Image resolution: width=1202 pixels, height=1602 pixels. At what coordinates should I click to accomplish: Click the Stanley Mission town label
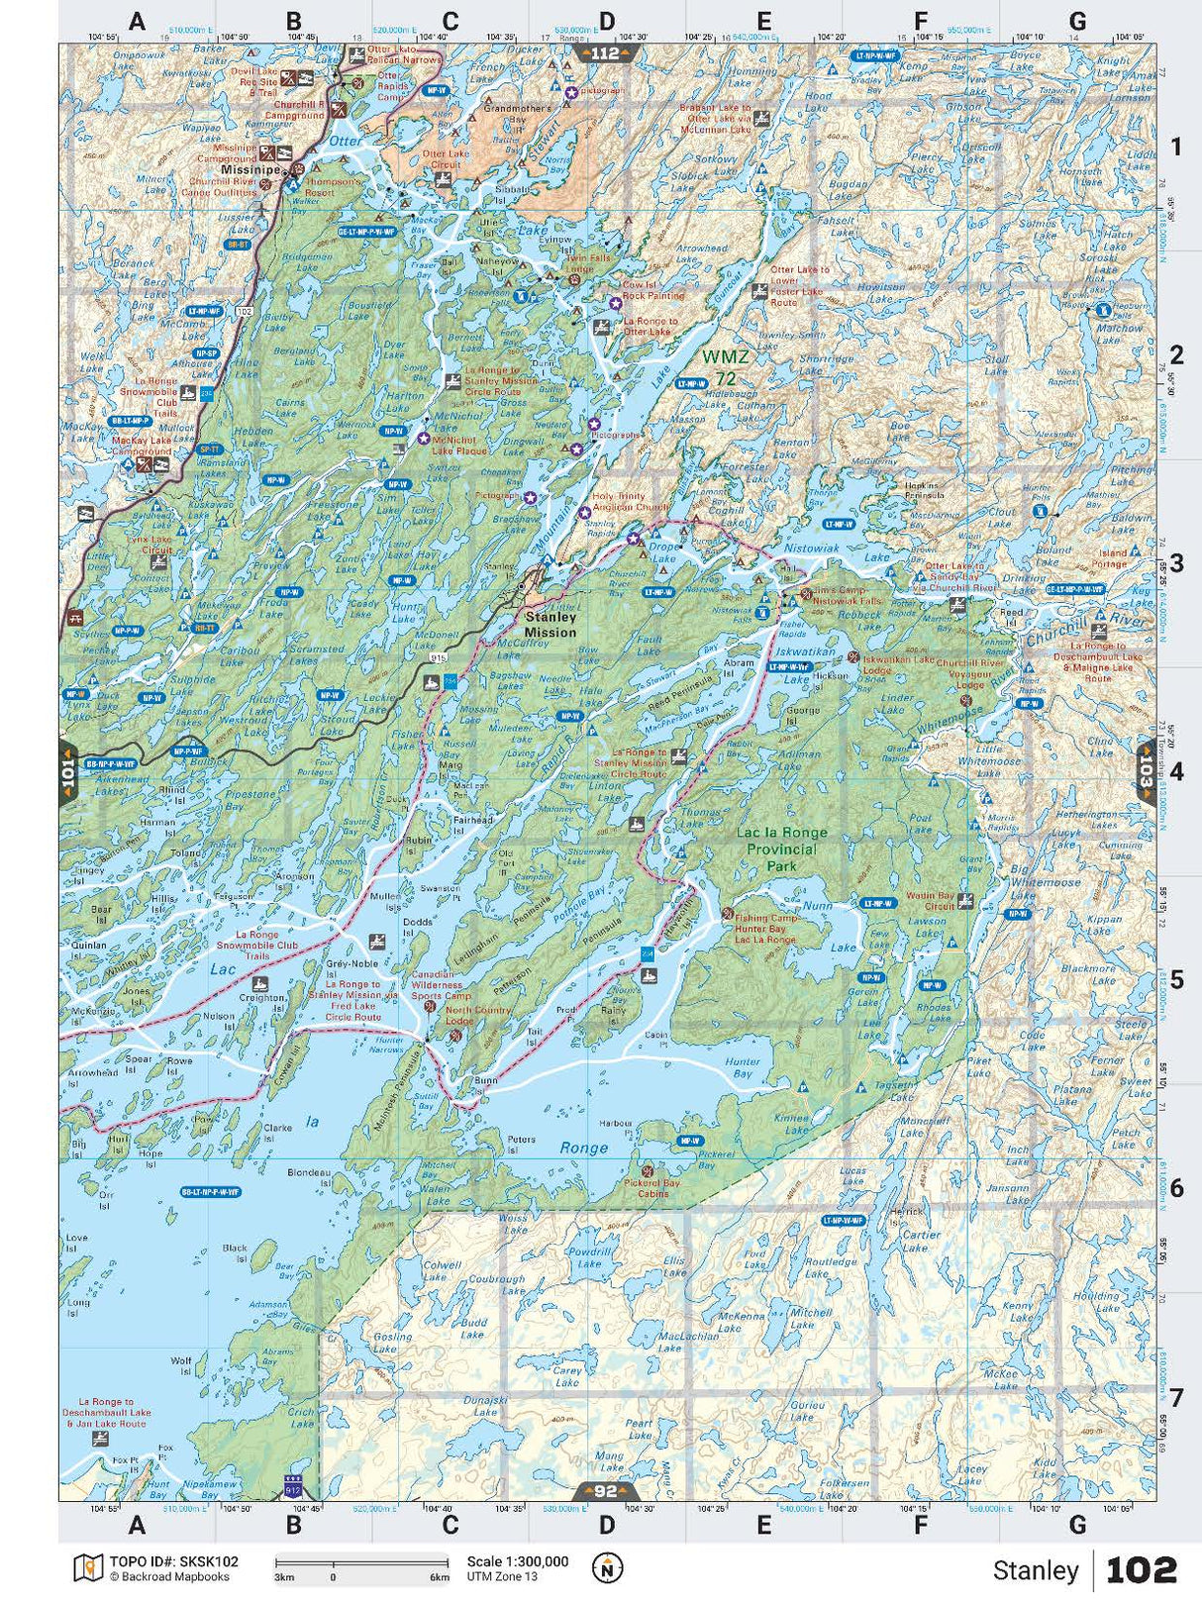click(x=550, y=624)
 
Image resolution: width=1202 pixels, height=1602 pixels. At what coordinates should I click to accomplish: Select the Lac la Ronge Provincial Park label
click(x=781, y=849)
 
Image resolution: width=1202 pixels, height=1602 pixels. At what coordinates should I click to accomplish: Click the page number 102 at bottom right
click(x=1141, y=1570)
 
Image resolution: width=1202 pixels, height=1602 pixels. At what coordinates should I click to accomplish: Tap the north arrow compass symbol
click(x=607, y=1568)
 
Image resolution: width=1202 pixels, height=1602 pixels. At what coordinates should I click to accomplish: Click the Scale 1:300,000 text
click(x=517, y=1561)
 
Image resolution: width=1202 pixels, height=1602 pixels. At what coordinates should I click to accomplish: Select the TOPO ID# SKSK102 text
click(x=174, y=1561)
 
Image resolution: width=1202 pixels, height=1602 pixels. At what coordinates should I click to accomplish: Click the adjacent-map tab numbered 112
click(x=605, y=53)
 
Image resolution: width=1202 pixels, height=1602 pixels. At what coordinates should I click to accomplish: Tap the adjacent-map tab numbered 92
click(x=605, y=1491)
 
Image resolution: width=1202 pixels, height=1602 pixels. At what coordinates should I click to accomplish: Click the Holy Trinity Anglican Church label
click(x=631, y=502)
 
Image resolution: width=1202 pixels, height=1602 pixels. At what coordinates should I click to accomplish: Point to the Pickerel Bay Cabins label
click(x=651, y=1188)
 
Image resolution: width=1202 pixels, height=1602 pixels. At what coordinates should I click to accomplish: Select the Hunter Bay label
click(x=743, y=1067)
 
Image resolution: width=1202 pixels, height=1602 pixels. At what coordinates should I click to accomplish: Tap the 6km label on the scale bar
click(x=439, y=1577)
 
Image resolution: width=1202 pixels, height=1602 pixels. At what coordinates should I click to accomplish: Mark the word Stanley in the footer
click(x=1035, y=1570)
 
